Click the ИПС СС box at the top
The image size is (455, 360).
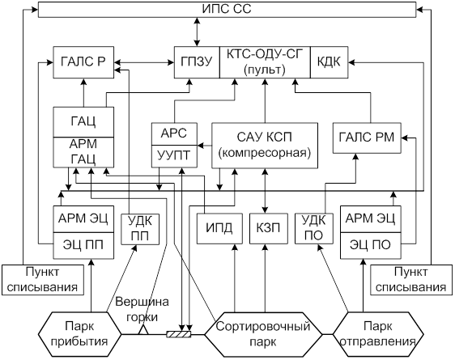point(227,10)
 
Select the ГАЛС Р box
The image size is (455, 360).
point(83,62)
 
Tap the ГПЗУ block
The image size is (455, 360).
point(197,62)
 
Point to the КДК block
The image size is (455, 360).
point(329,62)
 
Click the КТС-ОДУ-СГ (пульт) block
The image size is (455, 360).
point(265,62)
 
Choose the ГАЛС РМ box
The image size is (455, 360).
point(367,138)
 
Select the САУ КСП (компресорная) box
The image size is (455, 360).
point(265,146)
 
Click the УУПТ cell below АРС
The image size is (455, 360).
point(174,156)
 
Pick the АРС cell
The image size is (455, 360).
point(174,134)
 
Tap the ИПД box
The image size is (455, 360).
point(219,228)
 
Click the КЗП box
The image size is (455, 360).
point(269,228)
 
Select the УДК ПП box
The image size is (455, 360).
point(140,229)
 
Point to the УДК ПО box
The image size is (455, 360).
point(314,228)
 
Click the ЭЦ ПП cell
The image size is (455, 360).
point(83,245)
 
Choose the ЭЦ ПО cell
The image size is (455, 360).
point(371,245)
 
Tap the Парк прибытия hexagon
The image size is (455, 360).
point(80,334)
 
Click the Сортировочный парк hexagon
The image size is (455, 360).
point(263,334)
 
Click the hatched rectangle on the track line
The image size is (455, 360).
point(179,334)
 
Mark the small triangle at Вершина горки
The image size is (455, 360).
point(143,330)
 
